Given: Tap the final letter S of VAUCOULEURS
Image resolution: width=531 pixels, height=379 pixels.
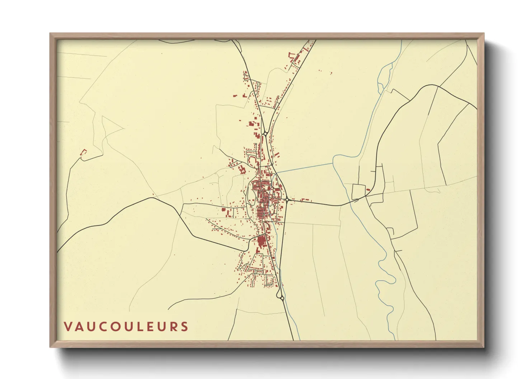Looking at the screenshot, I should coord(184,327).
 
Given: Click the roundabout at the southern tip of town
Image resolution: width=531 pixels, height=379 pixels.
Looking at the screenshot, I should coord(282,298).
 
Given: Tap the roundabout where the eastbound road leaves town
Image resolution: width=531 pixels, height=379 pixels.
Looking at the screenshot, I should coord(287,200).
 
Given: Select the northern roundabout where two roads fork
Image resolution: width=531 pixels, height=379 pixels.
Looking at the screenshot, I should coord(265,133).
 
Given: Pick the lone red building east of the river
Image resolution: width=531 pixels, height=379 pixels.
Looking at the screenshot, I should coord(368,189).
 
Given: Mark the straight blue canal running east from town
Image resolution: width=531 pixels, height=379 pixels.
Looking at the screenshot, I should coord(305,168).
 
